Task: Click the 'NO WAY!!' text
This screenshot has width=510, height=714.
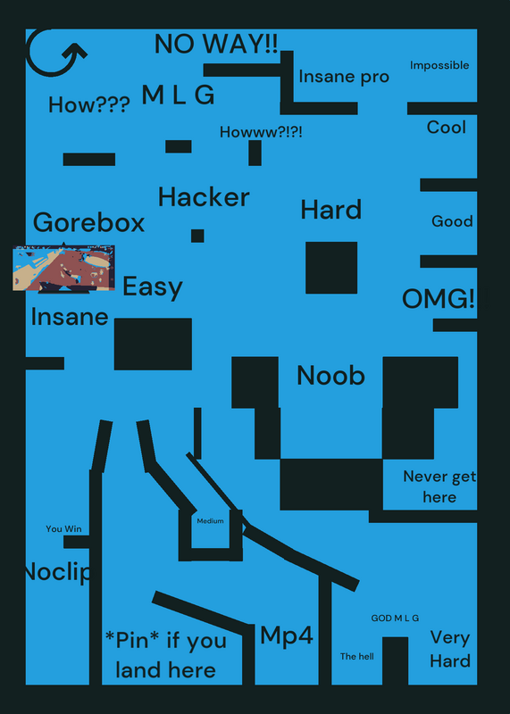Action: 216,44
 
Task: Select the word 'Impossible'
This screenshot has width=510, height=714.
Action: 439,65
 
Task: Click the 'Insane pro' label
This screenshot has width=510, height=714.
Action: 344,77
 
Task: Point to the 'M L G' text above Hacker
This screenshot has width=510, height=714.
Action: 178,95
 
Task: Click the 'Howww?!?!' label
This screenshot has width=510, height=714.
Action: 261,132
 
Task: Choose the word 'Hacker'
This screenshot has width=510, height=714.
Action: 204,197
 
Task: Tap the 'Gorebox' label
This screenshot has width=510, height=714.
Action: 89,222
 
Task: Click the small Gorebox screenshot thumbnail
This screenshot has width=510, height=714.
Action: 63,269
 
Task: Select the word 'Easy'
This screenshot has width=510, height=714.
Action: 153,287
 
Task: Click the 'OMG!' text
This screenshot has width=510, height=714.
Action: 439,299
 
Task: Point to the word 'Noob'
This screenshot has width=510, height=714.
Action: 330,376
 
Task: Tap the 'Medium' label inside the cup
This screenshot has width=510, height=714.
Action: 210,521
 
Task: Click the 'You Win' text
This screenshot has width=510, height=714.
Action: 63,528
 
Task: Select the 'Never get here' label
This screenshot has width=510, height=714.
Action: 439,486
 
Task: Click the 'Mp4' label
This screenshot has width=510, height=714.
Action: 287,635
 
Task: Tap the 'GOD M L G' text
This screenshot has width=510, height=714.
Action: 395,618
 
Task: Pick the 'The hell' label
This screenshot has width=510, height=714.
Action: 357,656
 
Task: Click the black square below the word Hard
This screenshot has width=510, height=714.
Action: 331,268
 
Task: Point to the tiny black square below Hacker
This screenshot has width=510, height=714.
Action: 197,236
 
